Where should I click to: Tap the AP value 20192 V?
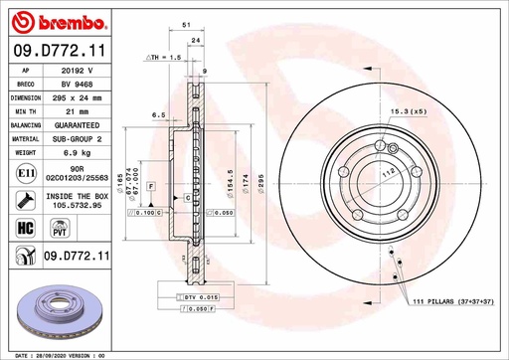tap(77, 72)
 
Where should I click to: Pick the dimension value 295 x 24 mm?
tap(77, 99)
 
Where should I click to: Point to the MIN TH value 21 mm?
tap(77, 113)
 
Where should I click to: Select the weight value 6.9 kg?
tap(77, 155)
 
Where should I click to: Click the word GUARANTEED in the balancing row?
tap(77, 127)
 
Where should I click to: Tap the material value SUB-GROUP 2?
tap(77, 141)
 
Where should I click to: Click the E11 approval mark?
tap(21, 175)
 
